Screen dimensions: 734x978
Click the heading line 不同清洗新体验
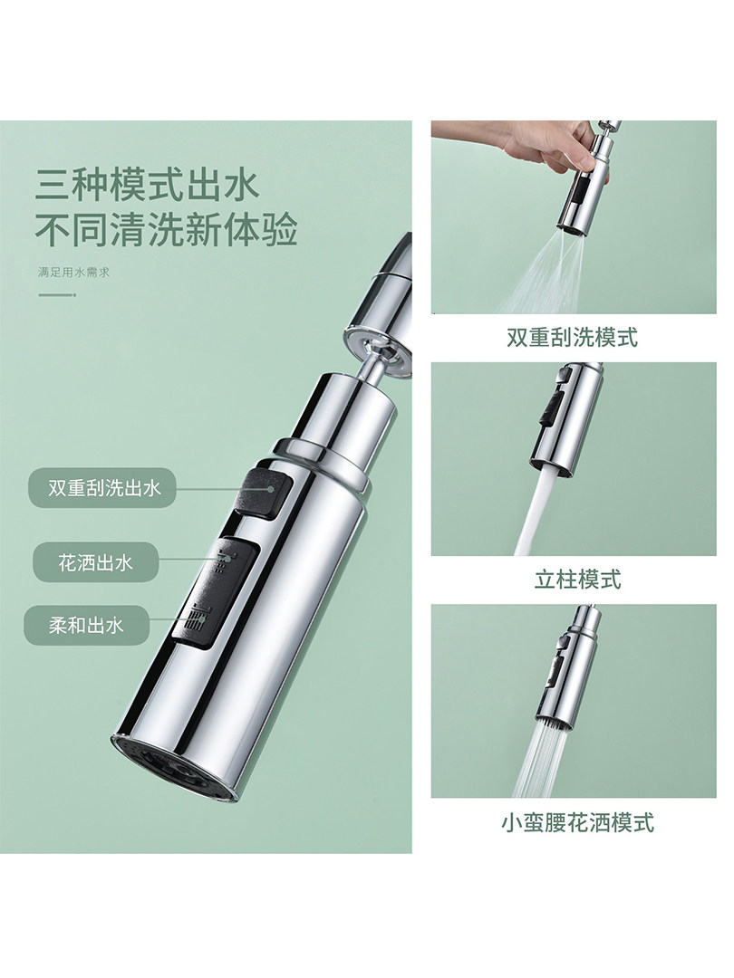166,229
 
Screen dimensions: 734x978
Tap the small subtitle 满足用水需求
73,272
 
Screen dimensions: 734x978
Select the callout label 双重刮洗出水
101,488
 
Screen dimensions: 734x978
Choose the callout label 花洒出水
95,563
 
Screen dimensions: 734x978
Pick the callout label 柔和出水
87,625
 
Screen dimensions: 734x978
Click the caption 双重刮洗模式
573,338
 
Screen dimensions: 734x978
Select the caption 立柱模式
578,580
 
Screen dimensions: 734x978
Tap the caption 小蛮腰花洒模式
577,822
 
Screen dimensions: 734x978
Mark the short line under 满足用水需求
56,293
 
